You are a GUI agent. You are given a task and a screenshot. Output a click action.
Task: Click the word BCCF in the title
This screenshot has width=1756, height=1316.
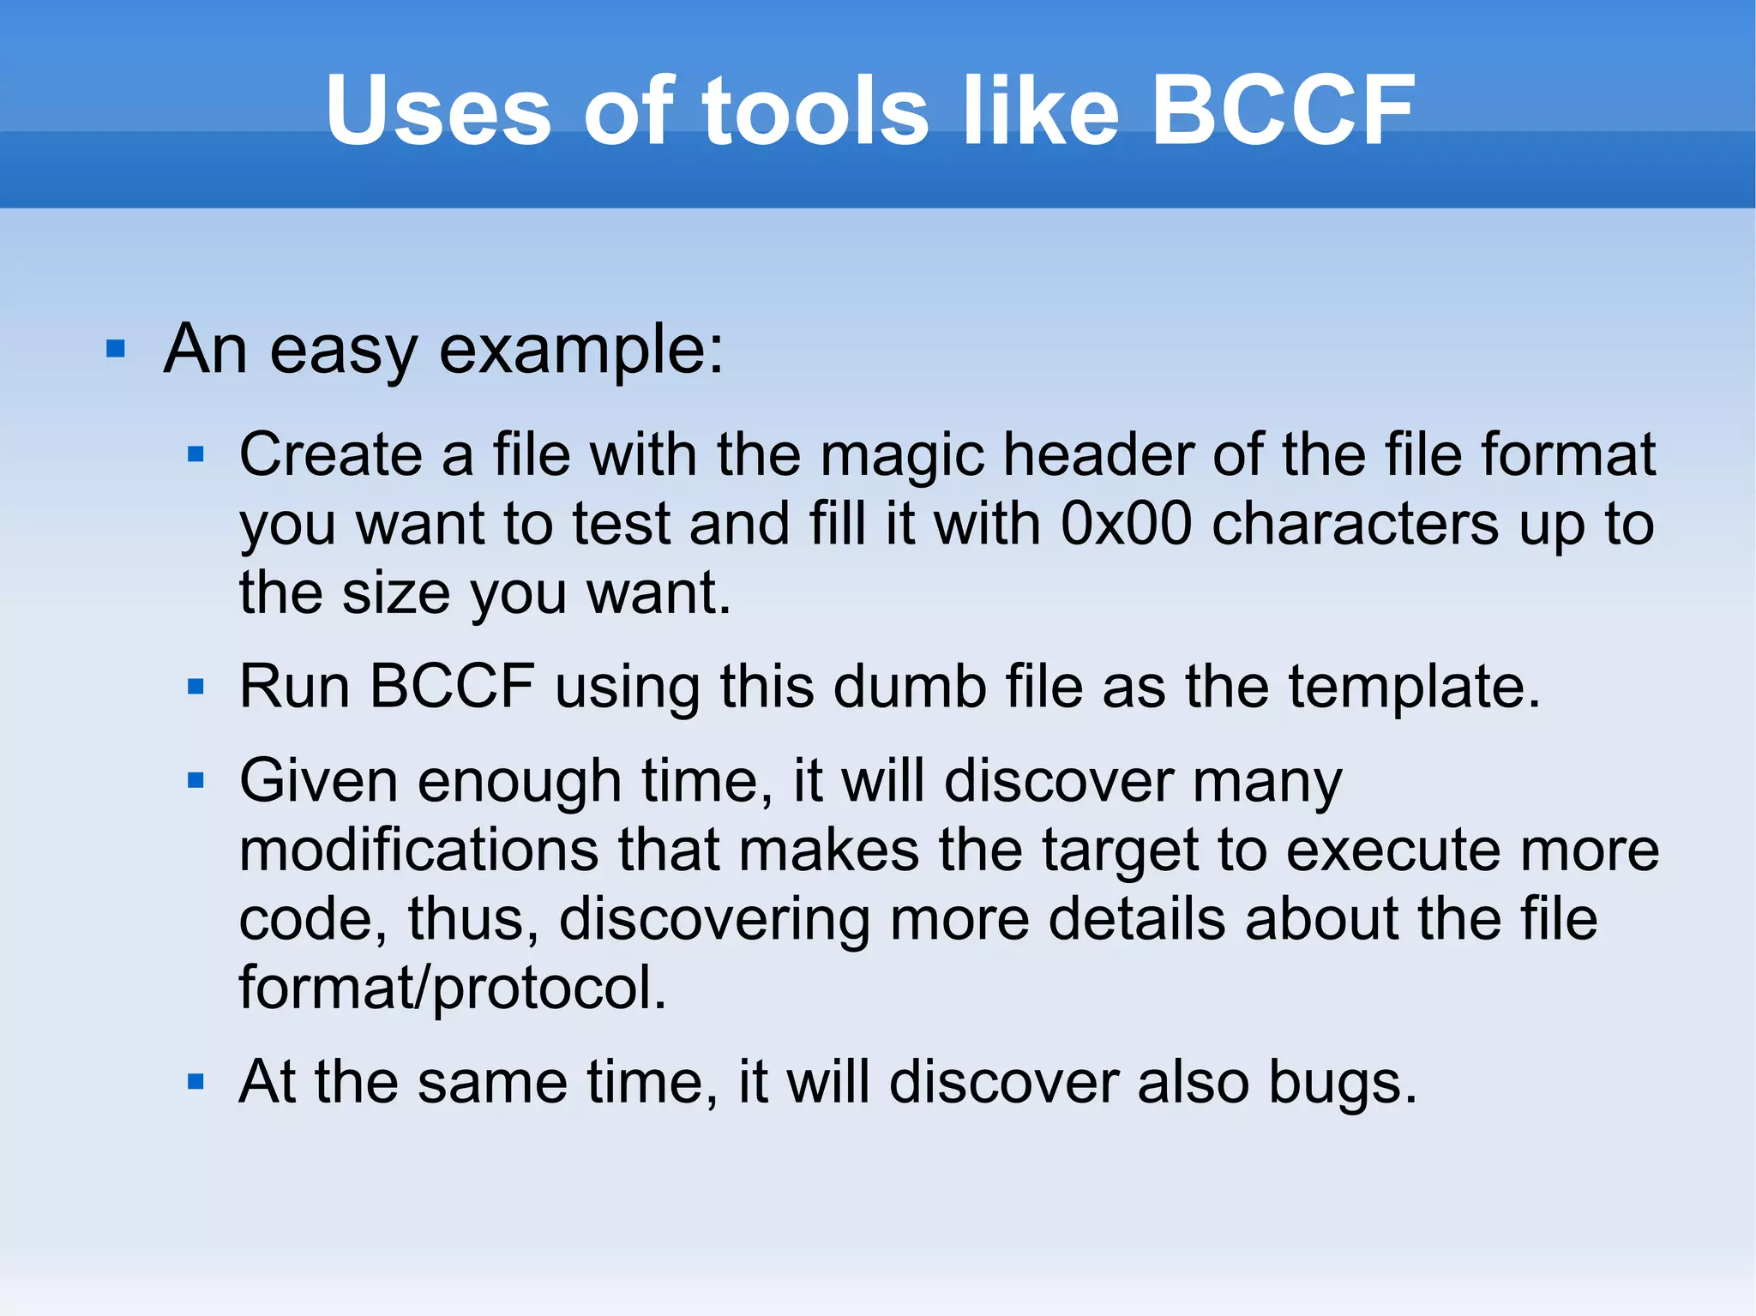point(1283,110)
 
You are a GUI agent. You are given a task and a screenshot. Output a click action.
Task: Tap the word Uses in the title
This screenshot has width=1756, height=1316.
point(438,110)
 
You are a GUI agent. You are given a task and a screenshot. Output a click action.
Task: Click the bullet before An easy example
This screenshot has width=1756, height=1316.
point(116,350)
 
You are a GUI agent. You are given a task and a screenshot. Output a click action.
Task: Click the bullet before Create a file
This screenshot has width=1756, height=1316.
point(196,454)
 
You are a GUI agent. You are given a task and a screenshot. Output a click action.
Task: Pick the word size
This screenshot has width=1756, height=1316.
point(395,592)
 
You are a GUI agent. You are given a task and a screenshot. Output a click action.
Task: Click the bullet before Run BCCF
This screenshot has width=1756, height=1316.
point(196,687)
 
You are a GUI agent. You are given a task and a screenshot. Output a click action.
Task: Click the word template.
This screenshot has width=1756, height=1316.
point(1414,687)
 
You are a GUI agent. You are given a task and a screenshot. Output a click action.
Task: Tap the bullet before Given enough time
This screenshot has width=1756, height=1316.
point(196,781)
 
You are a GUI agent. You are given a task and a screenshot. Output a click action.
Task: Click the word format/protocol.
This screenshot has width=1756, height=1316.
point(452,988)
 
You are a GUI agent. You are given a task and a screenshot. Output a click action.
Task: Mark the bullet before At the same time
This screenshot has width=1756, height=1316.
point(196,1082)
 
